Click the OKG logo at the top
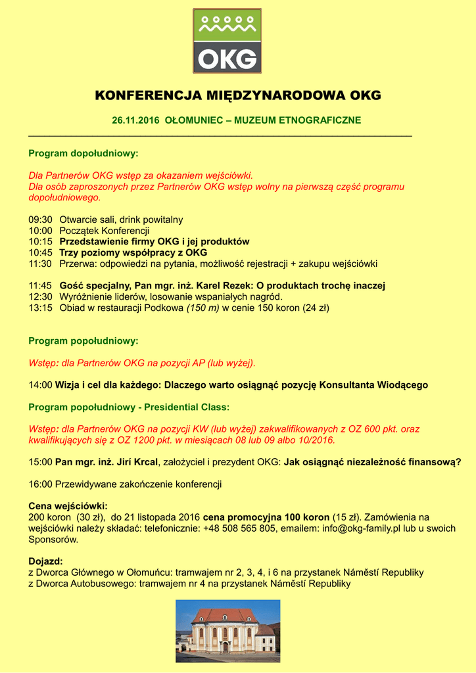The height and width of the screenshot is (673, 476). (x=227, y=41)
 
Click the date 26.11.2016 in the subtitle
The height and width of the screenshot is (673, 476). (x=135, y=120)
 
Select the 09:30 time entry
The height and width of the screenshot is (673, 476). (x=40, y=220)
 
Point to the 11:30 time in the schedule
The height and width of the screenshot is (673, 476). (x=40, y=264)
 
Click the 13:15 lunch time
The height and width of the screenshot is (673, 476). (x=40, y=308)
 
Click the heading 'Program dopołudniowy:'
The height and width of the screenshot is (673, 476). (x=83, y=153)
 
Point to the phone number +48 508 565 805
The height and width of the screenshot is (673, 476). (x=239, y=528)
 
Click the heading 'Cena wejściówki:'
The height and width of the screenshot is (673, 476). (x=68, y=506)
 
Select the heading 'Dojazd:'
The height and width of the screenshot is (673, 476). (x=45, y=561)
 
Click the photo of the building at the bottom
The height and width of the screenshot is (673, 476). (x=227, y=630)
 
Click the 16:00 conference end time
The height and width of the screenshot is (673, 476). (x=40, y=484)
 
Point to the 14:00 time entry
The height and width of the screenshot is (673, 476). (x=40, y=384)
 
